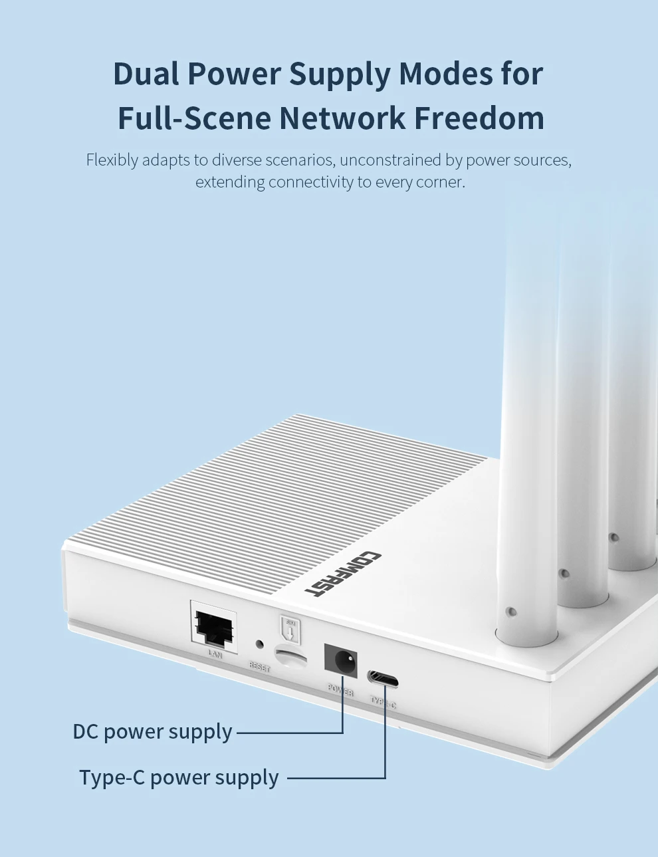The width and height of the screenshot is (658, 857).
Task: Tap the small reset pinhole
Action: (259, 644)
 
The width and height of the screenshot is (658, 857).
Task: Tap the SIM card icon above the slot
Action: (290, 629)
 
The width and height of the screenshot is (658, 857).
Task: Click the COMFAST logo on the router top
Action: (343, 572)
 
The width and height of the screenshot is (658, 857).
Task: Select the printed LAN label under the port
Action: (215, 654)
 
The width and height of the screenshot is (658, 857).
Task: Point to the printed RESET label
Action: (259, 666)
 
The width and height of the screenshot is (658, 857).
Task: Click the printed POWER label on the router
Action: (340, 689)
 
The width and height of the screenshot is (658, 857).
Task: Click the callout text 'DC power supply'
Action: (152, 732)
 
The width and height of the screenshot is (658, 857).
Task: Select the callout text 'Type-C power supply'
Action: (179, 777)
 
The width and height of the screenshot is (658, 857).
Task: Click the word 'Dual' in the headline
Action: (146, 73)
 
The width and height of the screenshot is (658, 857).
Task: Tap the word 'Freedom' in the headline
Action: (479, 118)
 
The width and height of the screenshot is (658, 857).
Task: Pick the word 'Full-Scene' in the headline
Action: (194, 118)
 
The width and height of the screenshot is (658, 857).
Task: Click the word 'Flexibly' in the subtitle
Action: (112, 160)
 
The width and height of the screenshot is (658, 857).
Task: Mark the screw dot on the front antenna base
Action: (510, 611)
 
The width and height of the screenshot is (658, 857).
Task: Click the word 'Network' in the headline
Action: (342, 118)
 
